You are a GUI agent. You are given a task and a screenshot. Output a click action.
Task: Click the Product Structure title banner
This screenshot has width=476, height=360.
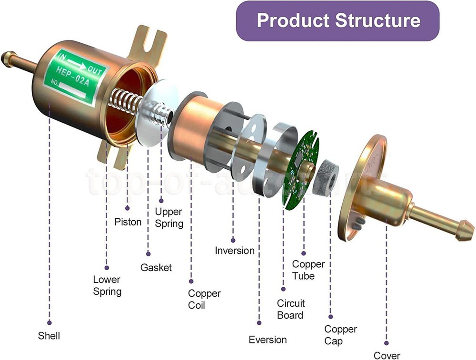tap(338, 20)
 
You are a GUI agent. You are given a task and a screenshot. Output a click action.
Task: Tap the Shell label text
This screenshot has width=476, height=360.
tap(49, 336)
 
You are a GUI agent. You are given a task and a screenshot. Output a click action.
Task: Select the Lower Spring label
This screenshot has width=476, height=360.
tap(107, 285)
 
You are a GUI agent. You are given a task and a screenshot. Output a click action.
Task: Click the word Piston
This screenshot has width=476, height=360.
tap(128, 222)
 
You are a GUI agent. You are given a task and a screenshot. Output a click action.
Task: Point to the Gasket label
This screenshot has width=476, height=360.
tap(156, 268)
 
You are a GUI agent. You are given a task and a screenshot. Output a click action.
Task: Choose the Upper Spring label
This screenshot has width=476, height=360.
tap(169, 217)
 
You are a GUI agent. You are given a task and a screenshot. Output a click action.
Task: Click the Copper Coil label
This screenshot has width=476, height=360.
tap(204, 299)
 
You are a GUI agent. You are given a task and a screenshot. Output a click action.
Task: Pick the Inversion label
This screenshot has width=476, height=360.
tap(235, 250)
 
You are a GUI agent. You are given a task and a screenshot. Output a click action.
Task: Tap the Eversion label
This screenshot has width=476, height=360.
tap(268, 340)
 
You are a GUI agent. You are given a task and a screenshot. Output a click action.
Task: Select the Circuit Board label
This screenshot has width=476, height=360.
tap(291, 309)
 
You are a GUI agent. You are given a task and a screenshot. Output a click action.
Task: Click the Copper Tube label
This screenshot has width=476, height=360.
tap(308, 270)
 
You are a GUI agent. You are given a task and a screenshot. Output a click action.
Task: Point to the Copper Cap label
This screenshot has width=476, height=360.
tap(340, 335)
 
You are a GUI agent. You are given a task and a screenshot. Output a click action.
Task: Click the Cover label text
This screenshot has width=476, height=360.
tap(387, 355)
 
